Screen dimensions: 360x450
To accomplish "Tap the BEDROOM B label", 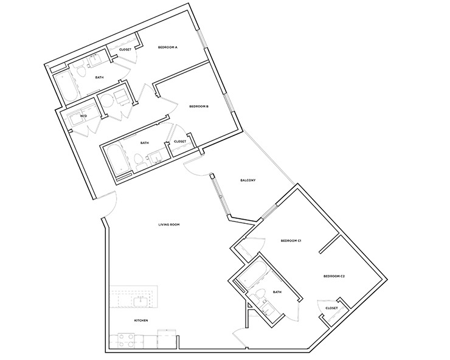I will pyautogui.click(x=199, y=106).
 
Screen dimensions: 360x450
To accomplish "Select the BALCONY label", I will pyautogui.click(x=247, y=180).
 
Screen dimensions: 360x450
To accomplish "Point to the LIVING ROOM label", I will pyautogui.click(x=168, y=225).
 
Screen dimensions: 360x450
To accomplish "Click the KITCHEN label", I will pyautogui.click(x=141, y=320).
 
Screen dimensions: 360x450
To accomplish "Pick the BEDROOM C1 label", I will pyautogui.click(x=291, y=241).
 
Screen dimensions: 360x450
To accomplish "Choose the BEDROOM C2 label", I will pyautogui.click(x=334, y=277).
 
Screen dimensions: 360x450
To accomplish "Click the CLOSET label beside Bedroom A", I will pyautogui.click(x=125, y=50).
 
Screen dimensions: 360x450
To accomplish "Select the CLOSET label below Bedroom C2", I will pyautogui.click(x=331, y=308).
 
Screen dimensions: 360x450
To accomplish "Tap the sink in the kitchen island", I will pyautogui.click(x=140, y=300).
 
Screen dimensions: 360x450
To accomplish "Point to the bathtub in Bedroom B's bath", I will pyautogui.click(x=112, y=159).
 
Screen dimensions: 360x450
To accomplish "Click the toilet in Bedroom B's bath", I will pyautogui.click(x=139, y=161).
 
